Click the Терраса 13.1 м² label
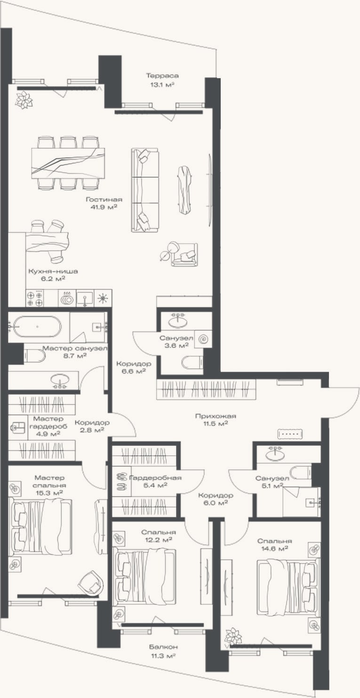click(x=162, y=80)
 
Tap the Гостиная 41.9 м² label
click(x=104, y=203)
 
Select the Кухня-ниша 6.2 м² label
click(x=53, y=275)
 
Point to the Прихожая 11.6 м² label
click(x=216, y=420)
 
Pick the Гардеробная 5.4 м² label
click(x=155, y=481)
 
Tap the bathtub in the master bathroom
click(x=37, y=326)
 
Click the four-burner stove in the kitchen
click(x=35, y=298)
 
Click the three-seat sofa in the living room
click(x=145, y=190)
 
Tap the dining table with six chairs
click(x=68, y=163)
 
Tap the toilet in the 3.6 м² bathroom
click(x=192, y=362)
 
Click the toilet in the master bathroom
click(x=35, y=356)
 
